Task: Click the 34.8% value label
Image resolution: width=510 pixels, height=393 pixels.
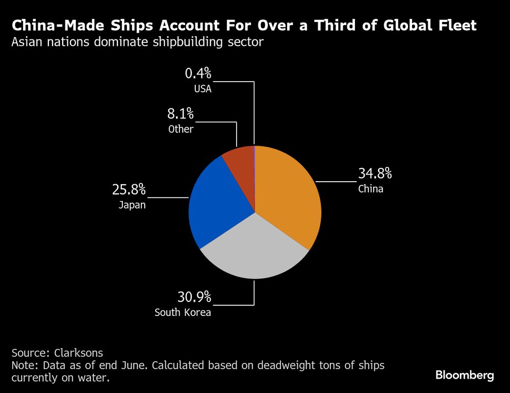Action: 375,174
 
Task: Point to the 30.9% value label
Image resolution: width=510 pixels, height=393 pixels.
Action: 194,297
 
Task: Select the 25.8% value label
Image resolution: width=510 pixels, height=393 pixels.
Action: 129,190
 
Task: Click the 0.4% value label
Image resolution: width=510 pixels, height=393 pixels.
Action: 198,74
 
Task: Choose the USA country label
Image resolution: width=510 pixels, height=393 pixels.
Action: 202,89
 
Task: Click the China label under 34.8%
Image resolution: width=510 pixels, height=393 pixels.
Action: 370,189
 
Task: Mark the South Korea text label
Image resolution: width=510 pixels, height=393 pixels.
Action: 183,312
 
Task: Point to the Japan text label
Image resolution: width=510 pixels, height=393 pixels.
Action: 132,206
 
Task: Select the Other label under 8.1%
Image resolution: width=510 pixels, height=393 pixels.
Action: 181,129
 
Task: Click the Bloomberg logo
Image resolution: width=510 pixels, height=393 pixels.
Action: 465,375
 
